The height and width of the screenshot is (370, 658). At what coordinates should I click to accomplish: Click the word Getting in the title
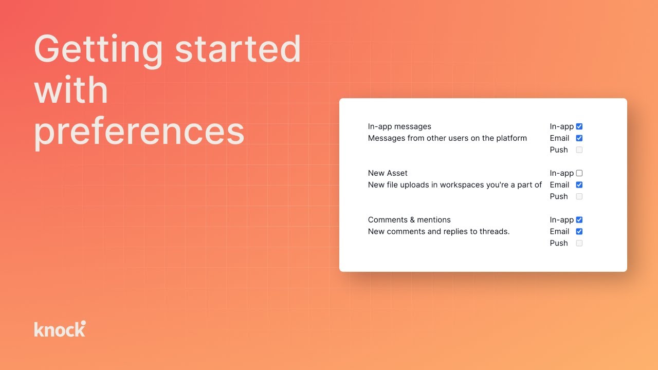pos(98,50)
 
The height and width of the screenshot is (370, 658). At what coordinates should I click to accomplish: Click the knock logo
pos(60,329)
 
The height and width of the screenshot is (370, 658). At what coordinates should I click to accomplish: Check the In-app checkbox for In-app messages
pos(579,126)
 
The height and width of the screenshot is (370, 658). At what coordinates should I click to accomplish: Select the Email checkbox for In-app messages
pos(579,138)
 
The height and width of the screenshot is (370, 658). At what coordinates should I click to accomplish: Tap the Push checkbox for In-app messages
pos(579,150)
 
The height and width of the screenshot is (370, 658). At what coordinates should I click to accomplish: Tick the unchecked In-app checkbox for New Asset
pos(579,173)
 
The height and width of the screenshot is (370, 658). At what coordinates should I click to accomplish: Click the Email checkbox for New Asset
pos(579,185)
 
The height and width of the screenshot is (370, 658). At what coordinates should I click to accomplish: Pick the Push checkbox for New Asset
pos(579,196)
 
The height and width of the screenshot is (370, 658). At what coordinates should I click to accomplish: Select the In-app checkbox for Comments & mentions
pos(579,220)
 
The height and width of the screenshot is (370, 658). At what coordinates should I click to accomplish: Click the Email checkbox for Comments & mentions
pos(579,231)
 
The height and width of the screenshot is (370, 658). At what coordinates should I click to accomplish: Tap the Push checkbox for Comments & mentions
pos(579,243)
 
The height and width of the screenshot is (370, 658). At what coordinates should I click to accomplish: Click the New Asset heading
pos(388,173)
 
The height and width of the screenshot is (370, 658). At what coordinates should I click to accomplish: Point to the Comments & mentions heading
pos(409,220)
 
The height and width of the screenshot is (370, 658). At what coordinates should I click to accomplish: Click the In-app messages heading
pos(399,126)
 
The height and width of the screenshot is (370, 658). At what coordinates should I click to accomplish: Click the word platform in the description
pos(510,138)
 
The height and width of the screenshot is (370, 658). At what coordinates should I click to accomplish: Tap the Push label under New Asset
pos(559,196)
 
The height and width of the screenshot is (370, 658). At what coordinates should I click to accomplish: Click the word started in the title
pos(237,50)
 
